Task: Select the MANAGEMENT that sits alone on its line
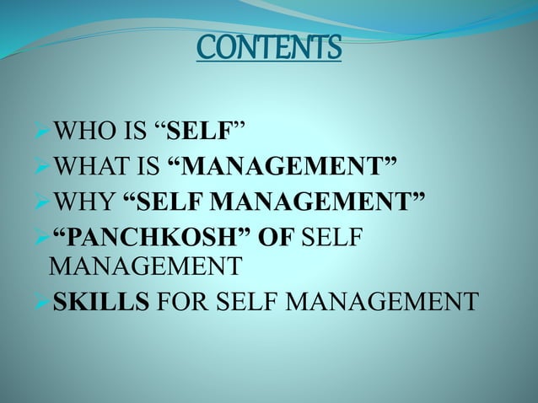coord(145,268)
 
